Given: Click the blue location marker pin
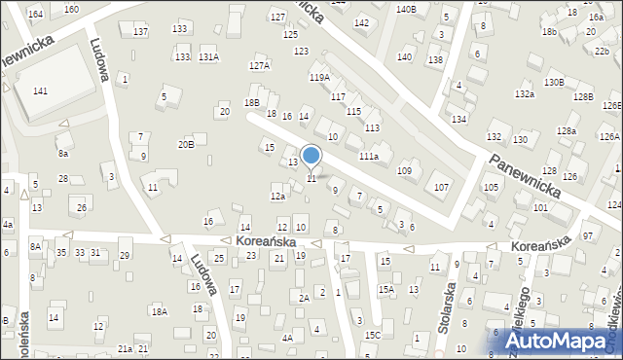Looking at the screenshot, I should click(x=311, y=155).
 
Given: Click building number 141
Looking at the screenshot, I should click(x=40, y=90).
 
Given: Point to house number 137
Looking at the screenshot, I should click(x=140, y=32).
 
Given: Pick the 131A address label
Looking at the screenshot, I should click(x=208, y=57).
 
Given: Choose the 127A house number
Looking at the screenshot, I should click(x=258, y=66).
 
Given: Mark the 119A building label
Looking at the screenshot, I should click(x=319, y=77).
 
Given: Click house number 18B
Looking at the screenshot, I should click(x=252, y=102).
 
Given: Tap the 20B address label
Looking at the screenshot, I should click(x=185, y=144).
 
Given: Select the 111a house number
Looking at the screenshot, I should click(x=368, y=156).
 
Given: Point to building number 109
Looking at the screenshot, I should click(x=404, y=171).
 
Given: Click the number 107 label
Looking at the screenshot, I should click(x=441, y=187).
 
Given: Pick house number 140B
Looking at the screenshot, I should click(x=406, y=9).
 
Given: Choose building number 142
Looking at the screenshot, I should click(x=361, y=22).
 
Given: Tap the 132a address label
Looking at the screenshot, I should click(x=525, y=93).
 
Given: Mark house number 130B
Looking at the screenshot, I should click(x=554, y=82).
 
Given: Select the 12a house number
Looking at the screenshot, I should click(x=277, y=197).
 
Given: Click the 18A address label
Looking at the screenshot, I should click(x=159, y=311).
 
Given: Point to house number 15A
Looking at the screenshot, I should click(x=386, y=289).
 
